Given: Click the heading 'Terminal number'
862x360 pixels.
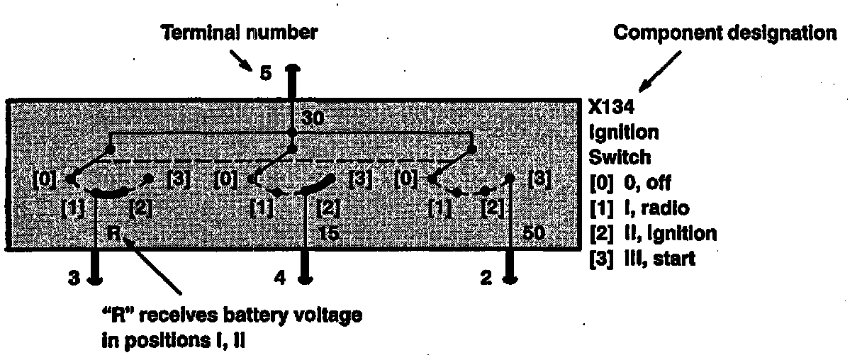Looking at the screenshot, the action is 240,33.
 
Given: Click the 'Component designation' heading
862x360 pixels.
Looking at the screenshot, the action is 725,33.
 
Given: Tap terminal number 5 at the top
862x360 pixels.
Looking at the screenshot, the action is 265,72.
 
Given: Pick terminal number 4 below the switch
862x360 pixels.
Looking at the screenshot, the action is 281,279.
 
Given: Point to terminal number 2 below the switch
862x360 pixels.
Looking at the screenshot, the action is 486,279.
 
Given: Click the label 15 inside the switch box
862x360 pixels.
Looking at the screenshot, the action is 329,232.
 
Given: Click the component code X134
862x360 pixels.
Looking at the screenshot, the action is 614,108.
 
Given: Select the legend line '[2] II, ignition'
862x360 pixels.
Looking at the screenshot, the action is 652,233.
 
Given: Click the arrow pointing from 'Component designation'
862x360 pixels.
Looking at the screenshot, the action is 652,73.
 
